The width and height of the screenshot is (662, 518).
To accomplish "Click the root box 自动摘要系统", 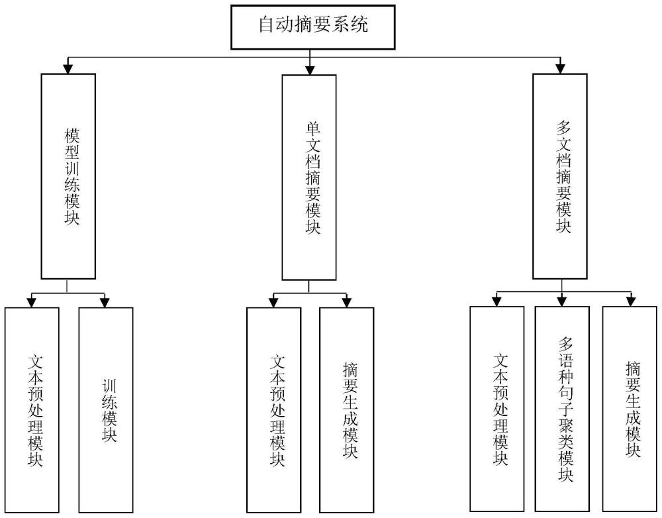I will coord(313,27).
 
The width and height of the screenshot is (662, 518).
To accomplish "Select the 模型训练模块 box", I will coord(68,176).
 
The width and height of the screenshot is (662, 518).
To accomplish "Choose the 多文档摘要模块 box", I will coord(560,176).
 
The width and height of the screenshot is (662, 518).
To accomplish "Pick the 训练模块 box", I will coord(106,411).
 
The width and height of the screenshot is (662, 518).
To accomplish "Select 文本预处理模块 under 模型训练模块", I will coord(31,411).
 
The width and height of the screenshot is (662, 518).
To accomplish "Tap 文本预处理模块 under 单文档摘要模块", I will coord(273,411).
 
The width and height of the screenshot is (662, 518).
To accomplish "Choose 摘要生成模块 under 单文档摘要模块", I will coord(346,411).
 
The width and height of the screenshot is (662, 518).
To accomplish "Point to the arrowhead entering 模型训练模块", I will coord(68,68).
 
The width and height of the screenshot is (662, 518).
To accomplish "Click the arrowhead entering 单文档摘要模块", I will coord(309,69).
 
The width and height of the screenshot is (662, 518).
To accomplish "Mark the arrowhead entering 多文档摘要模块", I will coord(560,68).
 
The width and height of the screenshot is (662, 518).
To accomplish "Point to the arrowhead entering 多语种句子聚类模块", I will coord(562,301).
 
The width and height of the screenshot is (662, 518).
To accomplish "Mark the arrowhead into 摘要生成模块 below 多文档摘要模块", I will coord(631,301).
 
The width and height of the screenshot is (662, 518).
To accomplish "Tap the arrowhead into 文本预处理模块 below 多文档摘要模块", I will coord(496,301).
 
